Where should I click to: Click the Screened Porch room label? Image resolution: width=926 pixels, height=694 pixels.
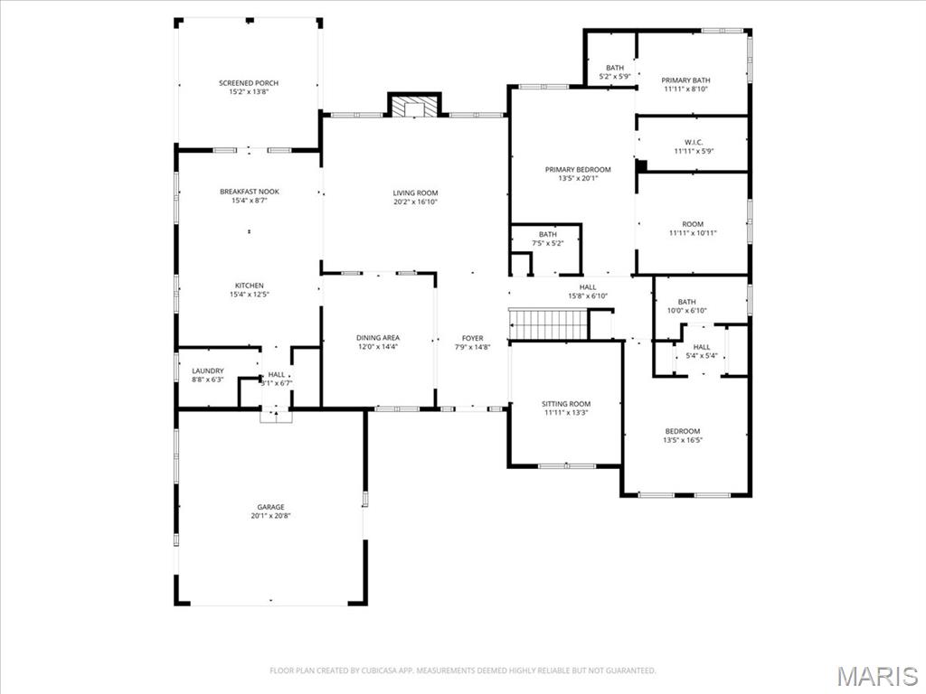coord(249,83)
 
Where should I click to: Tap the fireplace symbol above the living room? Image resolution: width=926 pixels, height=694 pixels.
coord(414,108)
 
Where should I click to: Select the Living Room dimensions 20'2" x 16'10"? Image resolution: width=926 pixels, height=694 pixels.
coord(415,202)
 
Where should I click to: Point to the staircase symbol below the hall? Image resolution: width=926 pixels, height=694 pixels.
coord(548,324)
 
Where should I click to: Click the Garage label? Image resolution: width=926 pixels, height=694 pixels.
coord(270,507)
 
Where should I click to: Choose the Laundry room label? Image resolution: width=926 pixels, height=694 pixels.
coord(207,370)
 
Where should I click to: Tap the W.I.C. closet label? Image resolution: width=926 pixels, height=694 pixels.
coord(694,142)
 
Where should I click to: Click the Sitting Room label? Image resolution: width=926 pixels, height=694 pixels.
coord(566,404)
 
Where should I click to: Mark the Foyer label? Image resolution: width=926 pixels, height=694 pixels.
coord(472,338)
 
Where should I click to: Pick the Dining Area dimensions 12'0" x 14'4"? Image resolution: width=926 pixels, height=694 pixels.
coord(378,347)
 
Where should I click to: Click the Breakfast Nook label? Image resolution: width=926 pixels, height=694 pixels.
coord(249,192)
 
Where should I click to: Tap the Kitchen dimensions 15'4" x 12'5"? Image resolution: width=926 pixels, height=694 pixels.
coord(249,295)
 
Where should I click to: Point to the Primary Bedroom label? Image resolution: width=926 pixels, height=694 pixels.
coord(578,169)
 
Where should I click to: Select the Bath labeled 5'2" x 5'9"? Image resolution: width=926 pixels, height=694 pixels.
coord(615,72)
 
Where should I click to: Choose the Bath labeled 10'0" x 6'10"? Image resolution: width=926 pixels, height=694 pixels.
coord(687,306)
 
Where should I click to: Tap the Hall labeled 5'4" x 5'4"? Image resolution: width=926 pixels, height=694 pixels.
coord(702,351)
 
